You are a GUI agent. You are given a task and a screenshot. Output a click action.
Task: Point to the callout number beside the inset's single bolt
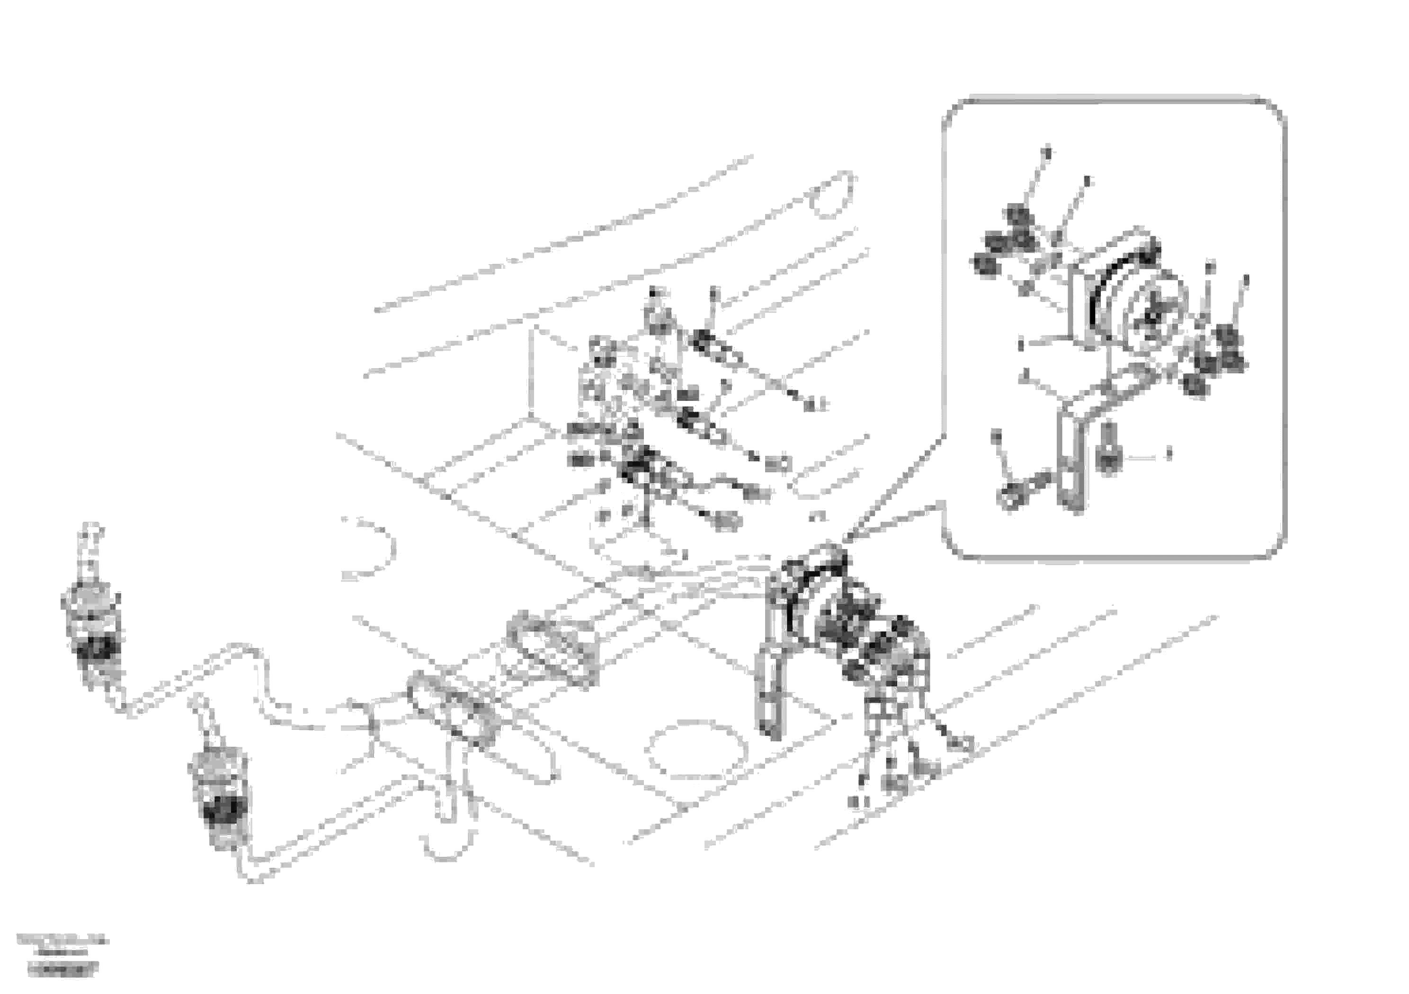pos(1168,455)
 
